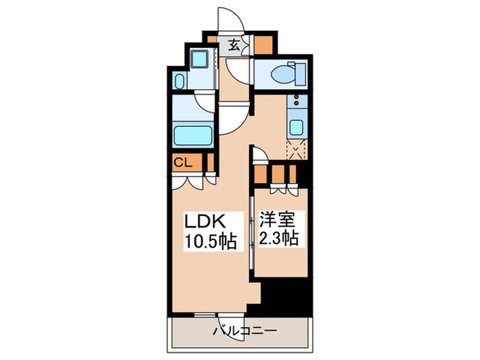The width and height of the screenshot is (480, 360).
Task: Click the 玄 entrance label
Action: [233, 46]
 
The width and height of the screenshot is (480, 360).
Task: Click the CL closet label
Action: [182, 163]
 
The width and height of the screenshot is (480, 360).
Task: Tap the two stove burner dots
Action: [297, 102]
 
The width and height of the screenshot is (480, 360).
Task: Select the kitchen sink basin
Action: [296, 127]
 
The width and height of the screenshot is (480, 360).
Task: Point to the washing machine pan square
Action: [200, 61]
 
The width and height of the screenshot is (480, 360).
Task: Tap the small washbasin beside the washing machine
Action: [179, 82]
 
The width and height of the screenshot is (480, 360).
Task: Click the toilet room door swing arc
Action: [240, 69]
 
